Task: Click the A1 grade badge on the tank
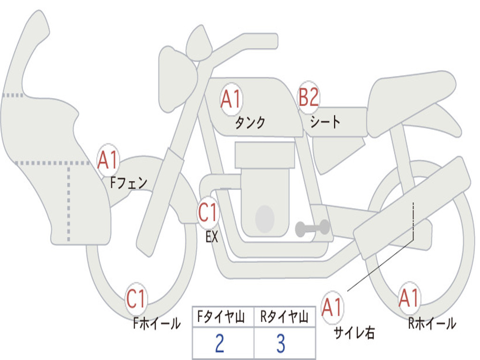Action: pos(232,99)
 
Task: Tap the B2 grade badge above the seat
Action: pos(308,97)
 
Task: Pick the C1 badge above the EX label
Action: pos(208,212)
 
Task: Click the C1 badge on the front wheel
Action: pos(136,299)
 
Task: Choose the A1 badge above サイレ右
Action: pos(332,307)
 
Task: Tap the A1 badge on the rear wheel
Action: pos(409,298)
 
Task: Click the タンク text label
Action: pos(250,122)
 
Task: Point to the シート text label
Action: pos(325,121)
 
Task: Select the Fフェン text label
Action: pos(128,183)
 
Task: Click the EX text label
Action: pos(212,237)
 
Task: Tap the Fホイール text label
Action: pos(157,323)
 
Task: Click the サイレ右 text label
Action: pos(354,333)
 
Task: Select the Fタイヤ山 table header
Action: pos(221,317)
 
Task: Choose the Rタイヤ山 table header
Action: pos(285,317)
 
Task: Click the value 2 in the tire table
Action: pos(220,343)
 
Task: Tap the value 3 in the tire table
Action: pos(281,343)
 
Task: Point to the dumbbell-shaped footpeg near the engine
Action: pos(313,227)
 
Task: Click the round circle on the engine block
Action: pos(265,218)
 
